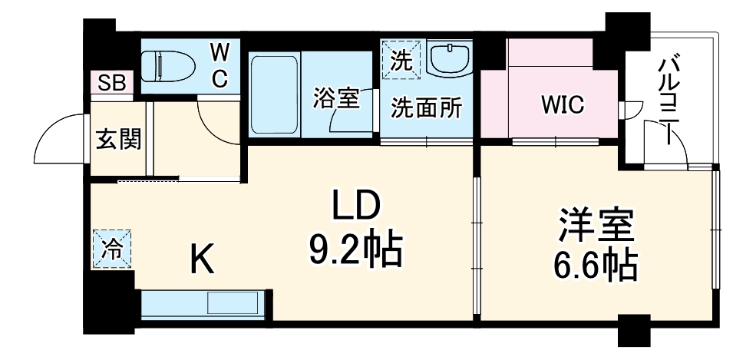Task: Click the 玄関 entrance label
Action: coord(117,140)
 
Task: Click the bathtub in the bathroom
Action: coord(274,94)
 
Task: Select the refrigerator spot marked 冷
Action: coord(112,249)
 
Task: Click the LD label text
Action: coord(355,206)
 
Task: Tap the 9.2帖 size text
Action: coord(355,248)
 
